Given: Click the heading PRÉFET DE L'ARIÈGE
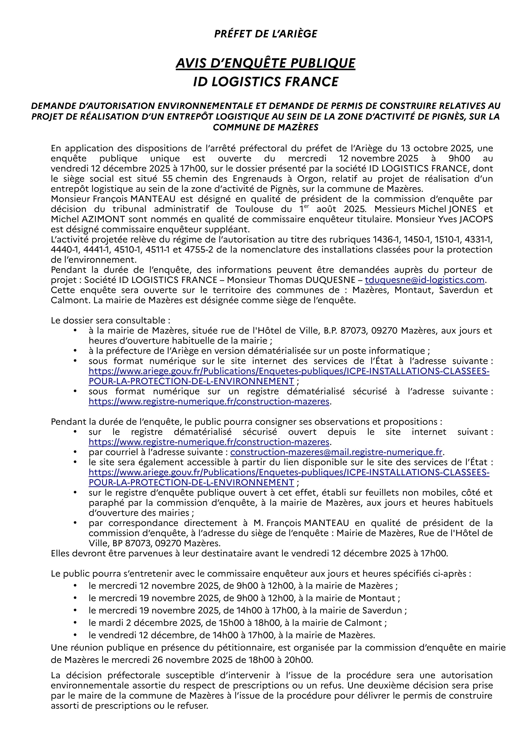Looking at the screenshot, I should pos(265,34).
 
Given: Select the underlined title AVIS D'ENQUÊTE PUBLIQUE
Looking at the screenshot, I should pos(265,63).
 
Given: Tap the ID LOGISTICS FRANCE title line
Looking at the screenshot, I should pos(265,81).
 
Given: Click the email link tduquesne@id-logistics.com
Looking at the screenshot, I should pos(424,280).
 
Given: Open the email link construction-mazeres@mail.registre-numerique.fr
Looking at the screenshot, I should pos(336,452).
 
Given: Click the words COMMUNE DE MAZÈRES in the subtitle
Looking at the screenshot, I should pos(265,127).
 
